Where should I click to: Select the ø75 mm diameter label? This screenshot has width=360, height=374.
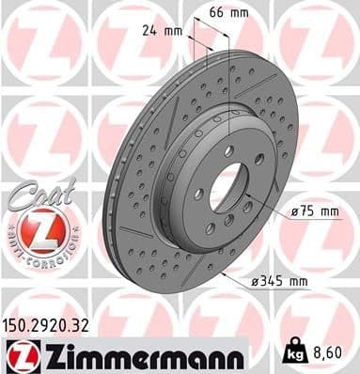tap(315, 211)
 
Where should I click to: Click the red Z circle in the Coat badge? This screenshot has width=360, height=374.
tap(37, 228)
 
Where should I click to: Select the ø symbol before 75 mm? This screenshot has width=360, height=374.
tap(295, 211)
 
